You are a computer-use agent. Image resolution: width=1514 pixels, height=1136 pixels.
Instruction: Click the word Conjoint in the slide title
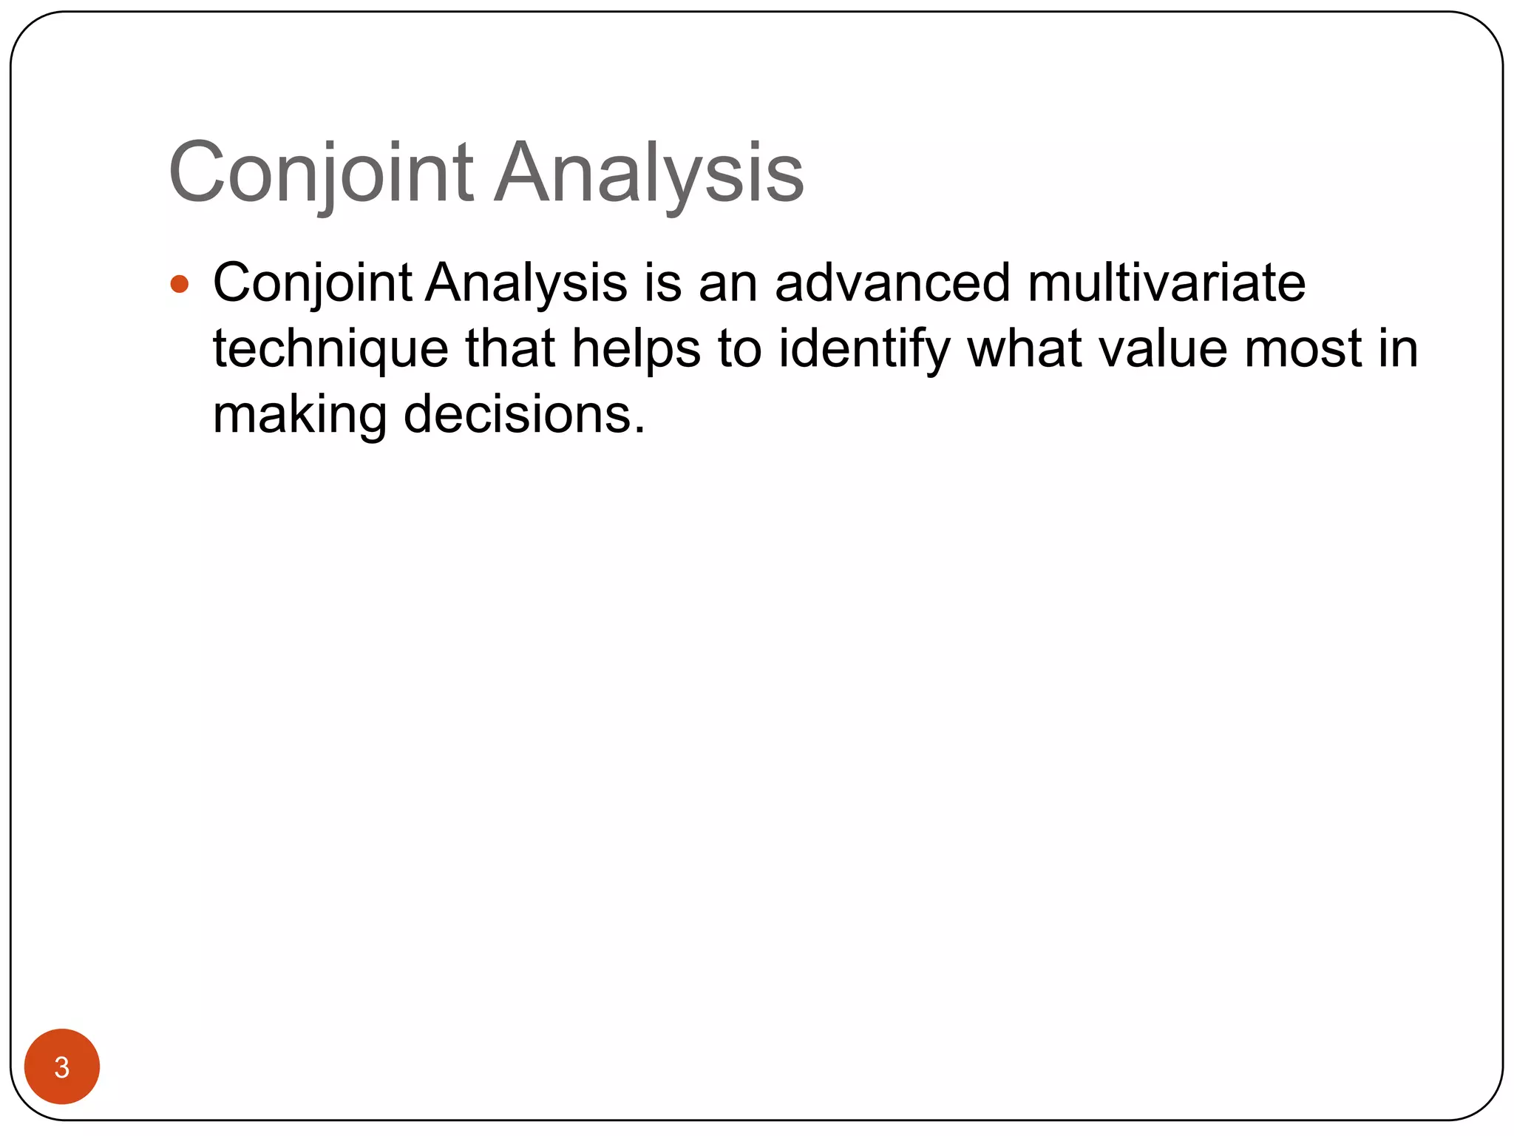coord(321,173)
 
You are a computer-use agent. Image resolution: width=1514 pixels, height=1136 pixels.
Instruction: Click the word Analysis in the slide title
coord(649,173)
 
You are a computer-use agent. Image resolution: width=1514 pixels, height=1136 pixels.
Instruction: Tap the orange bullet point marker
coord(180,284)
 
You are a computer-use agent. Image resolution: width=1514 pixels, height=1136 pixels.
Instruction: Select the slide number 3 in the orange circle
coord(62,1066)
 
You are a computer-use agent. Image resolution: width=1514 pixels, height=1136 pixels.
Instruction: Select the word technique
coord(330,349)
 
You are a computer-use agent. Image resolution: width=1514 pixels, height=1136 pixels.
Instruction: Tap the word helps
coord(636,349)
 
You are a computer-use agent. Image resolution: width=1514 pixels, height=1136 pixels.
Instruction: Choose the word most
coord(1303,349)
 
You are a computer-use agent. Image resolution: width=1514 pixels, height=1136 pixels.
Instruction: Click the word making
coord(299,416)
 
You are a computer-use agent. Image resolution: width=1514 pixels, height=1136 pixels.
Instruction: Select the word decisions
coord(524,414)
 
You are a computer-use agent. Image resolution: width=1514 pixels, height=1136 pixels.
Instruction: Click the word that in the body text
coord(509,349)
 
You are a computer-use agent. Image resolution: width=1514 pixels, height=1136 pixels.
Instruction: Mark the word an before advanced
coord(727,284)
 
